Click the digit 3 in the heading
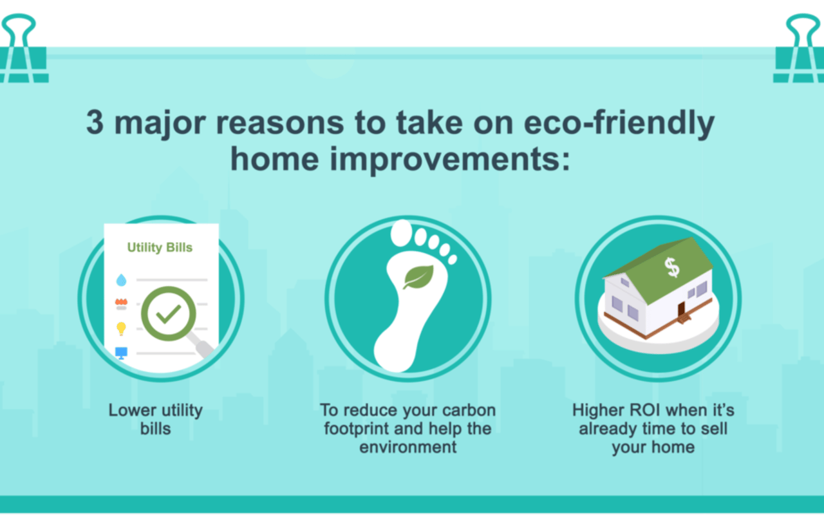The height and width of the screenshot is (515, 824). coord(95,123)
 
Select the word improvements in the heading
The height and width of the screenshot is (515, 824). coord(449,160)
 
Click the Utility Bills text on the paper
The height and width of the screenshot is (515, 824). coord(160,247)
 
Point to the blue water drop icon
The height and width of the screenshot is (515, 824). coord(122,280)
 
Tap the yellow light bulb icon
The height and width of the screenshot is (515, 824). coord(121,328)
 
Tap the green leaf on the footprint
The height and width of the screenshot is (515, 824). coord(418,277)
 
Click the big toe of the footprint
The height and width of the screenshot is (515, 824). coord(401,233)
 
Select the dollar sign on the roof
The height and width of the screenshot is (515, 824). coord(672,267)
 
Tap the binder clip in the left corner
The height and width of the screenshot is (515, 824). coord(23,48)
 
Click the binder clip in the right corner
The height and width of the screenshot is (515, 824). coord(799,48)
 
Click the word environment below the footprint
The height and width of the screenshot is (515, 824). coord(408,447)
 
